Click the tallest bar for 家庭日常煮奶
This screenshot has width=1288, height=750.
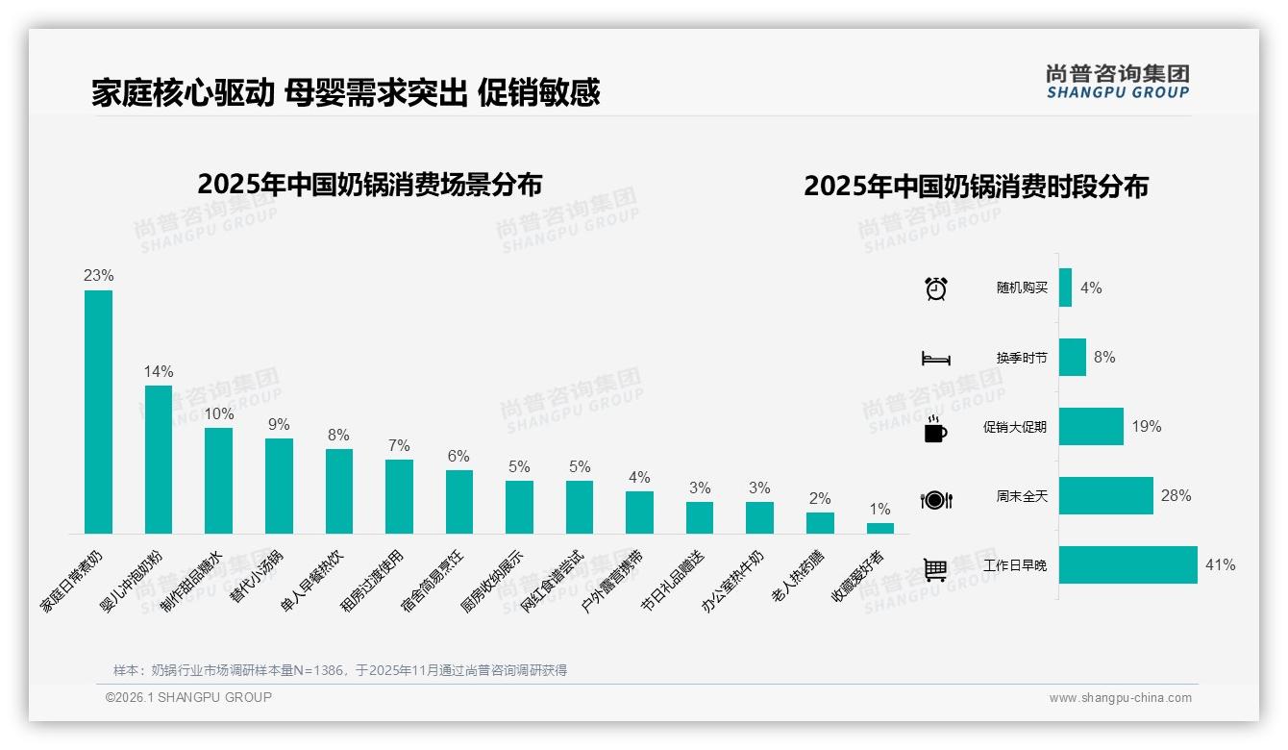coord(98,412)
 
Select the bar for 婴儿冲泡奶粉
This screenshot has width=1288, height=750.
coord(159,460)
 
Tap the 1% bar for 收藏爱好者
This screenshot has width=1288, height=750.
coord(879,528)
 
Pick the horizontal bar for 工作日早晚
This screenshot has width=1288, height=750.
coord(1128,565)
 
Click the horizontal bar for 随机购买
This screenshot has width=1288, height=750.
coord(1065,287)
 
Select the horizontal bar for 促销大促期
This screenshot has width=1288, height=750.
coord(1091,426)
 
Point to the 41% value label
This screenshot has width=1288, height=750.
coord(1220,565)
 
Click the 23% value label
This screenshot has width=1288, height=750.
coord(98,275)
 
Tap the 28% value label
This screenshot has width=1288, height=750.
coord(1176,496)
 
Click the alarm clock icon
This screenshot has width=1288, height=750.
coord(935,288)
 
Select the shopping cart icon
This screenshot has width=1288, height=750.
coord(935,569)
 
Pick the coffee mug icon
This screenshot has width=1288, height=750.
coord(935,430)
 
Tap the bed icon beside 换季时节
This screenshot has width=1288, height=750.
coord(935,359)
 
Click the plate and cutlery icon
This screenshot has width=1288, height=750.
coord(935,500)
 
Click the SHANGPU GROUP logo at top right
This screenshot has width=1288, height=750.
coord(1117,82)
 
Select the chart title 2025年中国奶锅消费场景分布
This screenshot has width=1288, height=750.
coord(370,185)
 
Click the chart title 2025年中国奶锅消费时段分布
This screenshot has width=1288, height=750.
coord(976,187)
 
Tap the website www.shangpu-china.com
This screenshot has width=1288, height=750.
coord(1120,698)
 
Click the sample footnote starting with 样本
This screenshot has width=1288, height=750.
coord(340,670)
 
